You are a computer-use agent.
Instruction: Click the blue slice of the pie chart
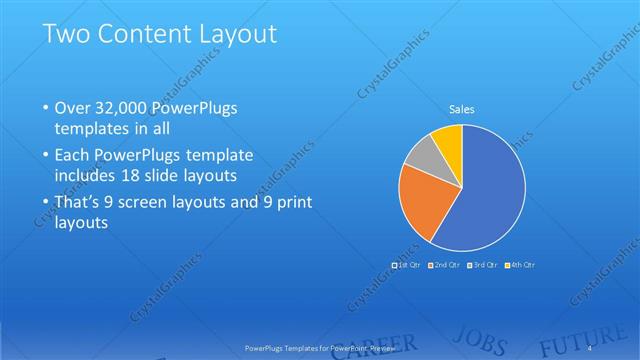pos(485,200)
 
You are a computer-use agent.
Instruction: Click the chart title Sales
pos(461,109)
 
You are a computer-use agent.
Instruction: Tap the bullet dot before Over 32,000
pos(45,108)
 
